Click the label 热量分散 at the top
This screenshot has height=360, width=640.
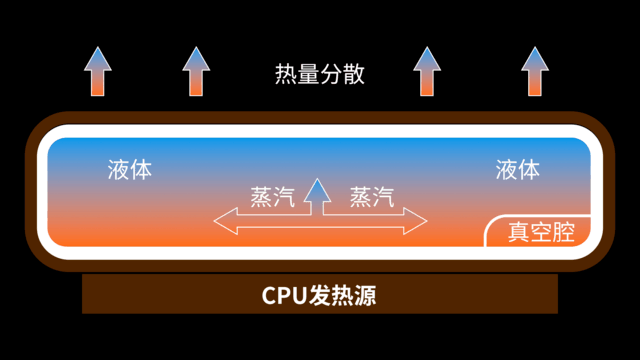click(319, 73)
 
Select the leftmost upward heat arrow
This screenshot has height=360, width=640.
click(97, 72)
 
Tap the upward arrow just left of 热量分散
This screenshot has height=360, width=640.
click(197, 72)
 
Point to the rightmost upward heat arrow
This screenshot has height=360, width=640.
click(535, 72)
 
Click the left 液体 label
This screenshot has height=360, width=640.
click(130, 169)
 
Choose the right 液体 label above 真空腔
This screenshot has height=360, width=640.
click(517, 169)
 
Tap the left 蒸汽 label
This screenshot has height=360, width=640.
click(272, 197)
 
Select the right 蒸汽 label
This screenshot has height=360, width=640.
click(371, 197)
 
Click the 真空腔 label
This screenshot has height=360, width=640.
click(542, 233)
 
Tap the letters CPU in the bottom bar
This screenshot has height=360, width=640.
click(285, 296)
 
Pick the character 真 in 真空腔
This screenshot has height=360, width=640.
click(519, 233)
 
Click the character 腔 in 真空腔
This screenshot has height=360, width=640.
click(565, 233)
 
